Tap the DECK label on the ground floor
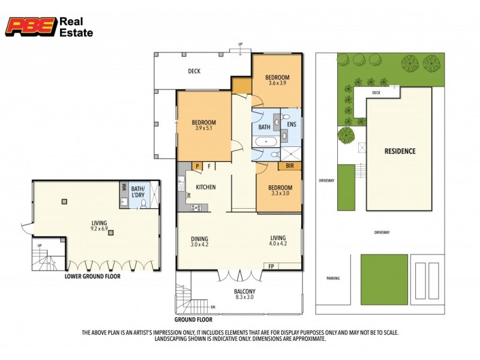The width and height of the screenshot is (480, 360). click(x=194, y=71)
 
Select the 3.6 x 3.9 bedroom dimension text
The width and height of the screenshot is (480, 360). click(x=278, y=83)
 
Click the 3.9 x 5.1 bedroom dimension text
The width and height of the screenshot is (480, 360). click(x=205, y=128)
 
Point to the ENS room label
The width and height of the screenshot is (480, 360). click(x=292, y=125)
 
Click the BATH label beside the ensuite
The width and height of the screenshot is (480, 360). click(x=264, y=127)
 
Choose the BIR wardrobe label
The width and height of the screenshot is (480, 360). click(x=290, y=165)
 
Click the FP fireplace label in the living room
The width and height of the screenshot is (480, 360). click(x=271, y=266)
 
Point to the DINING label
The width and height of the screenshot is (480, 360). click(x=200, y=237)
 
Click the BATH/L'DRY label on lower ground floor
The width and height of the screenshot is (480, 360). click(x=139, y=190)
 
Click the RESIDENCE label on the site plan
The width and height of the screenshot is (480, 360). click(x=399, y=151)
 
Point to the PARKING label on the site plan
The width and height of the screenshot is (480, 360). click(x=333, y=278)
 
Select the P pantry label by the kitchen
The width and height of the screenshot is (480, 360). click(x=196, y=166)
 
